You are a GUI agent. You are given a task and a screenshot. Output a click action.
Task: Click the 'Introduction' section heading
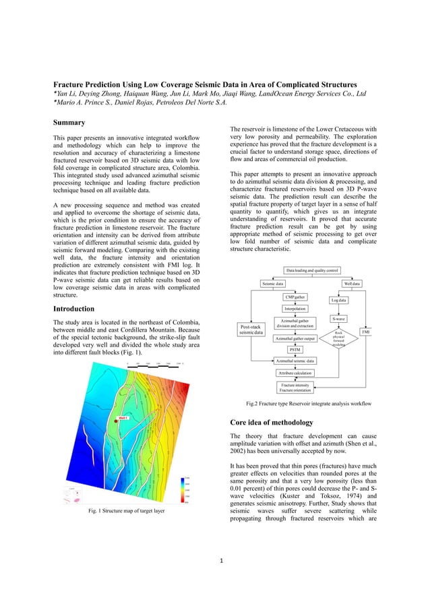pyautogui.click(x=78, y=310)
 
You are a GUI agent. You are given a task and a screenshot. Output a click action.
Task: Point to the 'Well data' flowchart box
pyautogui.click(x=352, y=284)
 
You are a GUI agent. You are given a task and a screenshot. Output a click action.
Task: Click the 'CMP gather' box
pyautogui.click(x=295, y=297)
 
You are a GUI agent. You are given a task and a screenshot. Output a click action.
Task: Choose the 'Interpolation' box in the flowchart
pyautogui.click(x=295, y=308)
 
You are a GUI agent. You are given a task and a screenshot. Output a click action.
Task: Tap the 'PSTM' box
pyautogui.click(x=295, y=350)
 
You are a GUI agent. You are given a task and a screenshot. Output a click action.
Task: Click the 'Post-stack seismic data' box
pyautogui.click(x=251, y=330)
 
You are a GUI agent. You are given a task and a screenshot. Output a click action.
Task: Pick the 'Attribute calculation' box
pyautogui.click(x=295, y=373)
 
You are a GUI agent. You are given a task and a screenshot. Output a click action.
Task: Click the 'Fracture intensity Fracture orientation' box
pyautogui.click(x=295, y=387)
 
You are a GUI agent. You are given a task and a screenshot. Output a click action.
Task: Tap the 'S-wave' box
pyautogui.click(x=339, y=318)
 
